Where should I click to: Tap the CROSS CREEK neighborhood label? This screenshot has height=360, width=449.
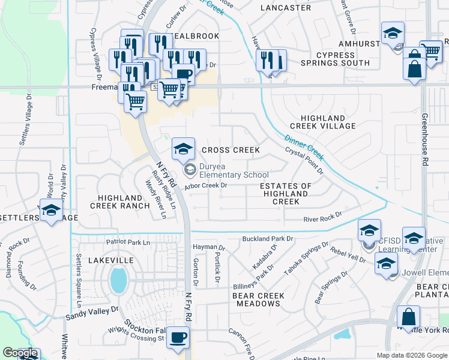231,150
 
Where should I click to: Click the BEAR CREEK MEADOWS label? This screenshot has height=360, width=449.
259,299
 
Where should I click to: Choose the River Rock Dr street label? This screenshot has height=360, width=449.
322,217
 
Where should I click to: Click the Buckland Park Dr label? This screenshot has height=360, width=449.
267,239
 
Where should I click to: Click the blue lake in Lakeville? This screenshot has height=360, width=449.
119,280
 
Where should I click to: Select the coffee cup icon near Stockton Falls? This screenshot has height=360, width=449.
177,337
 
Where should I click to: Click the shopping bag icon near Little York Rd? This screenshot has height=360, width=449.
408,317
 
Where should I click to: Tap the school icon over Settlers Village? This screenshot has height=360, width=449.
51,211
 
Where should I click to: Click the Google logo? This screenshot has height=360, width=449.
20,353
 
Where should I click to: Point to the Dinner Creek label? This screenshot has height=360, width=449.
304,147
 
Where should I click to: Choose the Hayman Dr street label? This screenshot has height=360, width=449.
209,247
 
